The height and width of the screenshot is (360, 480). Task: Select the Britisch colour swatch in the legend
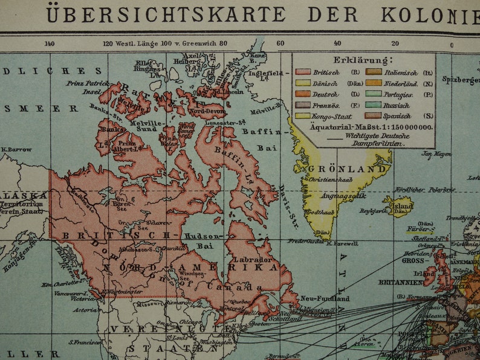(x=303, y=72)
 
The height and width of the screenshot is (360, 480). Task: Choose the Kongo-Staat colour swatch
(x=303, y=115)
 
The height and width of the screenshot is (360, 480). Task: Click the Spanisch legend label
(x=400, y=115)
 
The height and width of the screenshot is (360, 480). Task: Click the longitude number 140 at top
(x=50, y=43)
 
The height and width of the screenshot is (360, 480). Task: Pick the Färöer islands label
(x=421, y=230)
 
